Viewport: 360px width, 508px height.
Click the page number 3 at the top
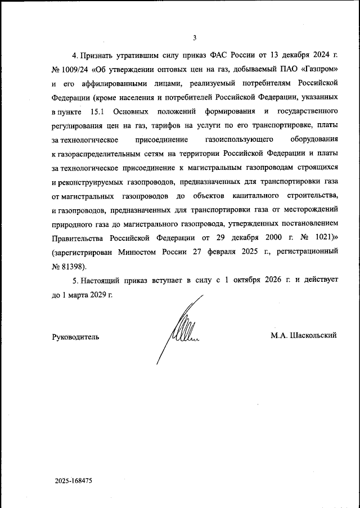click(194, 38)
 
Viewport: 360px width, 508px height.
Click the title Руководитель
click(75, 336)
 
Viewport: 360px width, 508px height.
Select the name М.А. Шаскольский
click(303, 336)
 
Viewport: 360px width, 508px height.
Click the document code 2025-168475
click(73, 482)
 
